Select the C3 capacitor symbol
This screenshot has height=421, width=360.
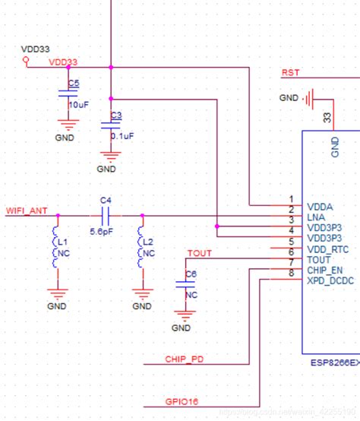pyautogui.click(x=111, y=126)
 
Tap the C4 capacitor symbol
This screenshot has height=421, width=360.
pyautogui.click(x=106, y=216)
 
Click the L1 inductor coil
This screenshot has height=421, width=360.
pyautogui.click(x=55, y=247)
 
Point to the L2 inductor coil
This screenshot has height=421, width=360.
pyautogui.click(x=142, y=247)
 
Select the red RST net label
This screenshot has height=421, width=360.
pyautogui.click(x=290, y=73)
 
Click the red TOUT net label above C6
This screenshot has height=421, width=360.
pyautogui.click(x=199, y=253)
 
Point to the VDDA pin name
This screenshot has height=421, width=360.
pyautogui.click(x=320, y=206)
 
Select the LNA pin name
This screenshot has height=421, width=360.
pyautogui.click(x=317, y=217)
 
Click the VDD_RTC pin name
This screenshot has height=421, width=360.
pyautogui.click(x=327, y=249)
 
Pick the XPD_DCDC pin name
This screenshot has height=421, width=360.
pyautogui.click(x=330, y=280)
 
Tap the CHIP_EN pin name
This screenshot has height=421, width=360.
pyautogui.click(x=325, y=270)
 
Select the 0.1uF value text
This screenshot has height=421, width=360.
pyautogui.click(x=122, y=136)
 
